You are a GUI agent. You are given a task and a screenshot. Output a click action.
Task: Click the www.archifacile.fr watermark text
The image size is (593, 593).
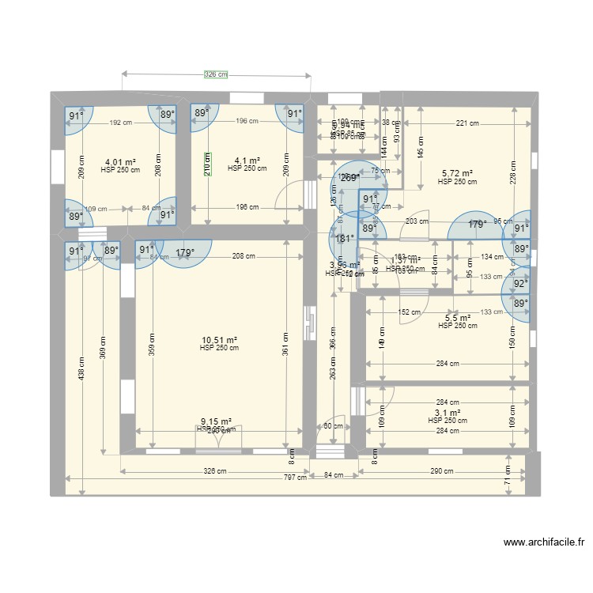coord(543,542)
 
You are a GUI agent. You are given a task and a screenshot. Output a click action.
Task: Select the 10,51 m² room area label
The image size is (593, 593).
coord(219,340)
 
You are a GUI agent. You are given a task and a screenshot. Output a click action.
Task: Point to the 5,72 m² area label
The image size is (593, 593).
coord(457,173)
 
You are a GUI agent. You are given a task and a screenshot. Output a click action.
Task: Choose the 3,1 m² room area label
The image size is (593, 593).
coord(447,413)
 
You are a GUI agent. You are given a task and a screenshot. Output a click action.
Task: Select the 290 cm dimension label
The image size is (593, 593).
coord(443,471)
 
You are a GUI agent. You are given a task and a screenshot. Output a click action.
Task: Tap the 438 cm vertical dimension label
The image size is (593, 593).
coord(80,368)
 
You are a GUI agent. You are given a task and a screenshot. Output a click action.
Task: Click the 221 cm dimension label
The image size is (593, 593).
coord(466,123)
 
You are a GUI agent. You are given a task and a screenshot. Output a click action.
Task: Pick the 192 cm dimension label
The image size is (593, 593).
coord(120,122)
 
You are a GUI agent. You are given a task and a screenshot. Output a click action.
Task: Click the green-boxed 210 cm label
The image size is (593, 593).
coord(207,164)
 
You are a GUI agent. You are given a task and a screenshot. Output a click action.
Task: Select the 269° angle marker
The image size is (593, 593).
coord(349,178)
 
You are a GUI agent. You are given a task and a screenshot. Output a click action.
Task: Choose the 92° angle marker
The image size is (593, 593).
coord(520,283)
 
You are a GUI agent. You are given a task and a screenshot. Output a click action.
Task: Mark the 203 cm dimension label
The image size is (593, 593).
coord(417,222)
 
